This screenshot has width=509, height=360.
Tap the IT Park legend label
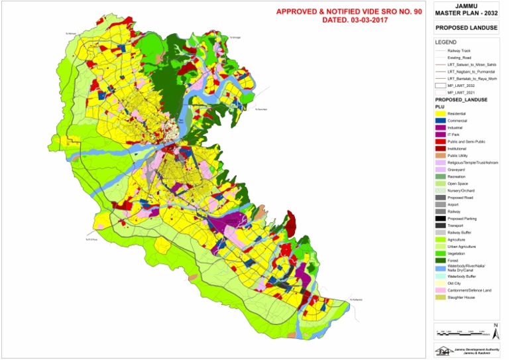[x=457, y=135]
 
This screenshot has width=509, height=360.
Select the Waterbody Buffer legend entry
[x=463, y=275]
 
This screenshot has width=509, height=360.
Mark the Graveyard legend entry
[x=460, y=170]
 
